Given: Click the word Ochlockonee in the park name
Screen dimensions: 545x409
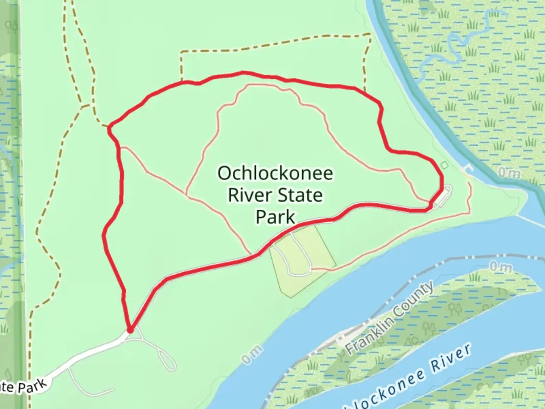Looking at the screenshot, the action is (275, 173).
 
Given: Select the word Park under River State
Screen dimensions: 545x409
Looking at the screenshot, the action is (275, 217).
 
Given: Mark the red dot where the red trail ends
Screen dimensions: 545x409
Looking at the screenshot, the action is (130, 331).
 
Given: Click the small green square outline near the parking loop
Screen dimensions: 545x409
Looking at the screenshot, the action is (444, 165).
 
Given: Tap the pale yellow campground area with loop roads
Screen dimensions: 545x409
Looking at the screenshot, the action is (303, 258).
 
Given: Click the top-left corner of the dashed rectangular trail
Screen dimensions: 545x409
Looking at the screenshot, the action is (181, 52).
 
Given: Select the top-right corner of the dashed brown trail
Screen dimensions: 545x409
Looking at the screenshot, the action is (369, 35).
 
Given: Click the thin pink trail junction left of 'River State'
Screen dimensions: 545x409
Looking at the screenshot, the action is (186, 195).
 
